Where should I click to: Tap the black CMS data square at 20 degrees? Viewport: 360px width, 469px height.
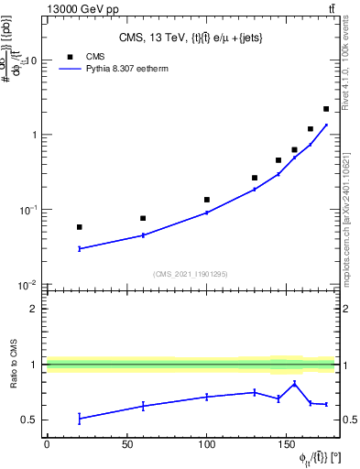pos(80,226)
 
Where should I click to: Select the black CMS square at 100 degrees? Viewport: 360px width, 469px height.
pos(207,199)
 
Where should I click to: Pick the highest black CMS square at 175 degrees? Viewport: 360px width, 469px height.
pos(326,109)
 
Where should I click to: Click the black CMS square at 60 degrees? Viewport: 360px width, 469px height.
pos(143,218)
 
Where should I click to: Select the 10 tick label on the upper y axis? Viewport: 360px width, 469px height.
pos(31,60)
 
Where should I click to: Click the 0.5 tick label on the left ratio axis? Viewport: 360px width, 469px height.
pos(31,420)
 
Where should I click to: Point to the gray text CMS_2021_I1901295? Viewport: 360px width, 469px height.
pos(191,274)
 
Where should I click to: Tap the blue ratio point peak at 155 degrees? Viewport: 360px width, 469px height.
pos(294,383)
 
